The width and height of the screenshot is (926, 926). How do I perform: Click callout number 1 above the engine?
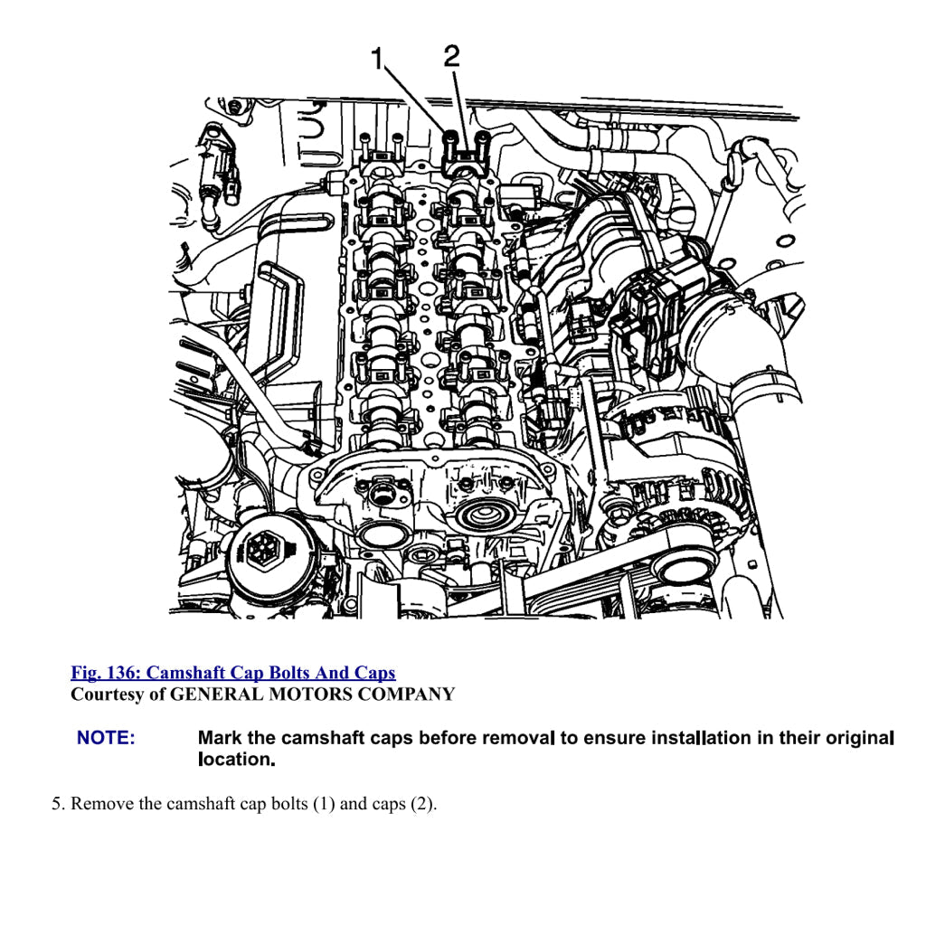[377, 59]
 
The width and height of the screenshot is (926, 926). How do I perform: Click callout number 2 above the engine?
[451, 57]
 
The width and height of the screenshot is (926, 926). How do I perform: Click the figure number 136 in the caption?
[121, 673]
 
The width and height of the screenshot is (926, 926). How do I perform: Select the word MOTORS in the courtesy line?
[308, 694]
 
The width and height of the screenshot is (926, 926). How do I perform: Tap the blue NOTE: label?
[106, 738]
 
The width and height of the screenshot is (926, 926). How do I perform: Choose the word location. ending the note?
[237, 760]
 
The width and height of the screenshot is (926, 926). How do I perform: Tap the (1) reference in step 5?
[324, 804]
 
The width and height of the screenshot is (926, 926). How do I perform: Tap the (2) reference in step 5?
[422, 804]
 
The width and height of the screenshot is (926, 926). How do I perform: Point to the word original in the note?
[859, 738]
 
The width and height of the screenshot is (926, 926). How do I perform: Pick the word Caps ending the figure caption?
[374, 673]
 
